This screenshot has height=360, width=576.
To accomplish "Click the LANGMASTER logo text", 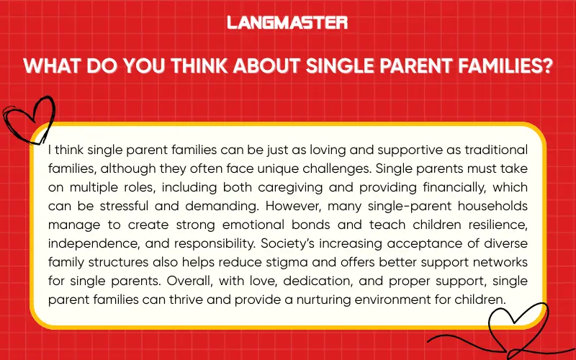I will pos(287,22).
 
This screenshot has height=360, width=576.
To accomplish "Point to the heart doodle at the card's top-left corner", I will pos(27,119).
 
